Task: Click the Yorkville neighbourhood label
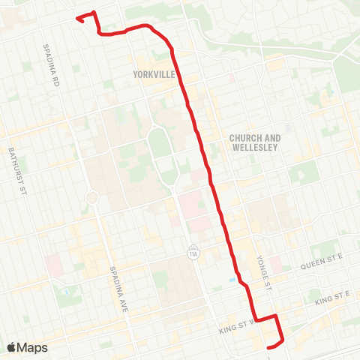click(153, 74)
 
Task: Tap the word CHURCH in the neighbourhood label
click(244, 138)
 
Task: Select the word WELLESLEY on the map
click(254, 148)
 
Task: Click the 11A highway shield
click(193, 252)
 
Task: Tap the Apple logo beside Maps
click(11, 347)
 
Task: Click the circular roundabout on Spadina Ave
click(92, 198)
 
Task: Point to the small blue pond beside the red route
click(232, 280)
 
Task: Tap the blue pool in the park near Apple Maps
click(66, 291)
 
